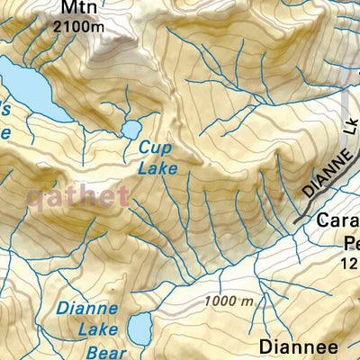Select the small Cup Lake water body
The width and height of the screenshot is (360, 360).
(x=131, y=129)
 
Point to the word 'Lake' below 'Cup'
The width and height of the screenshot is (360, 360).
(x=157, y=166)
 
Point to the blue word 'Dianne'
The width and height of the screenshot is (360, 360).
(x=86, y=308)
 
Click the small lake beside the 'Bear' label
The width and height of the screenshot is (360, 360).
(x=139, y=331)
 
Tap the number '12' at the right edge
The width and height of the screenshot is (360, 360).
(x=350, y=263)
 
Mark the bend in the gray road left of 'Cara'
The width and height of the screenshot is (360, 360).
(x=299, y=219)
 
